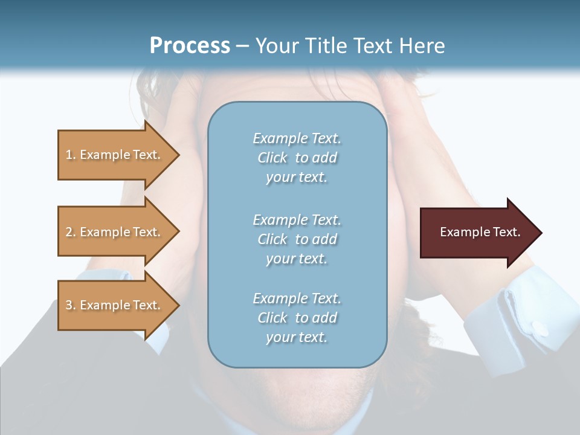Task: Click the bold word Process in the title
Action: [190, 46]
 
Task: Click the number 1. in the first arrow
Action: [71, 155]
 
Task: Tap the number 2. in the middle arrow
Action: [71, 232]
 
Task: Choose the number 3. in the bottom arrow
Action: [71, 305]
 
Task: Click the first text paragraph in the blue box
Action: [297, 158]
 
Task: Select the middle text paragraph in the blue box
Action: [297, 239]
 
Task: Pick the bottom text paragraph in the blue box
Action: [297, 318]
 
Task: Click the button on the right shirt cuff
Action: [539, 329]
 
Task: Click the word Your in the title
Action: [277, 46]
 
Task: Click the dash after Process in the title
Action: [243, 46]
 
